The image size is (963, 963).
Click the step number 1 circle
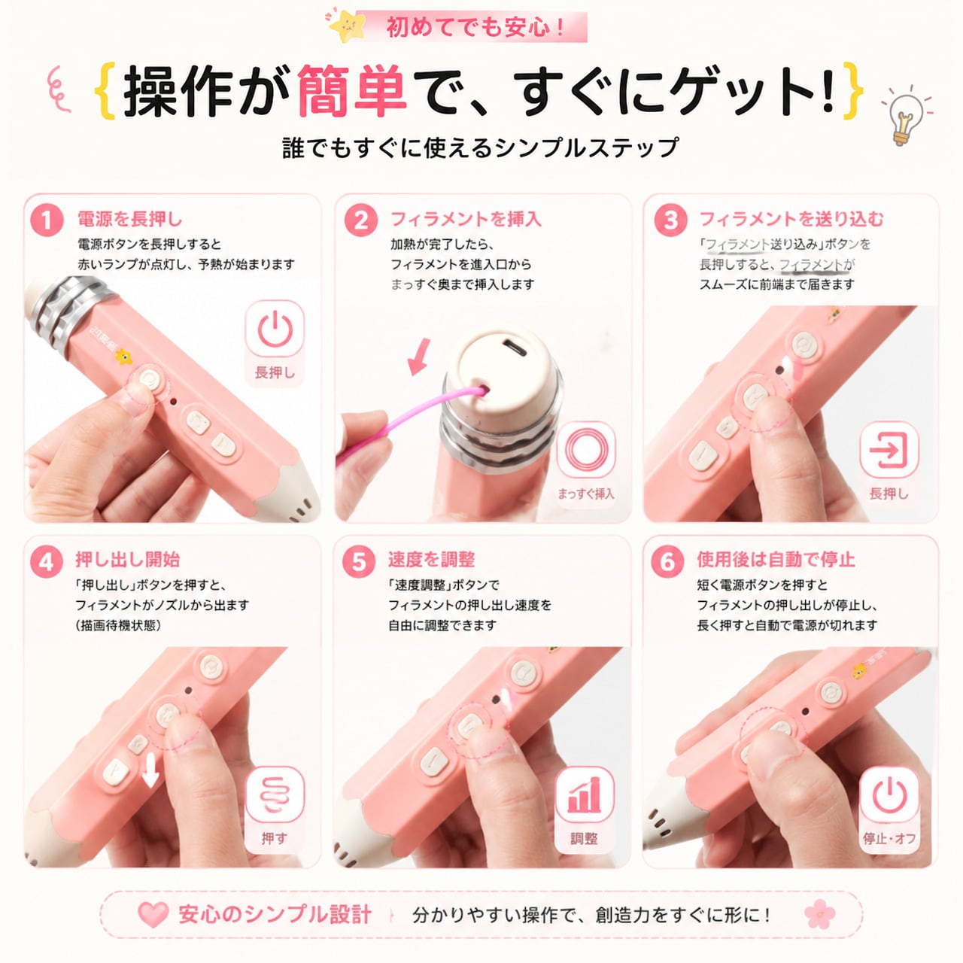pyautogui.click(x=47, y=220)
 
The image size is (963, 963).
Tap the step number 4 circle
pyautogui.click(x=47, y=562)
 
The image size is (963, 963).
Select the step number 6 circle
pyautogui.click(x=667, y=562)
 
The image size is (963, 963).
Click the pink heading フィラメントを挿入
pyautogui.click(x=466, y=219)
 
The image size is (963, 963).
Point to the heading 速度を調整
pyautogui.click(x=431, y=560)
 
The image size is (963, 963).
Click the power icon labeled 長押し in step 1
pyautogui.click(x=275, y=330)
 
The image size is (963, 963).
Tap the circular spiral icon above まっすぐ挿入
pyautogui.click(x=585, y=450)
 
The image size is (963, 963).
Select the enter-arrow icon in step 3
pyautogui.click(x=889, y=449)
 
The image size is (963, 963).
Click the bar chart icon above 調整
pyautogui.click(x=584, y=794)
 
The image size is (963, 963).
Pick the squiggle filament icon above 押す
pyautogui.click(x=275, y=795)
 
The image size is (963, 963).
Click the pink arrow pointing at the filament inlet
pyautogui.click(x=419, y=357)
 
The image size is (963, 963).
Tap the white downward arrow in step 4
pyautogui.click(x=150, y=773)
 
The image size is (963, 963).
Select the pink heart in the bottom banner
pyautogui.click(x=153, y=913)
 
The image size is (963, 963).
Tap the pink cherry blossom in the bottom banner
pyautogui.click(x=820, y=914)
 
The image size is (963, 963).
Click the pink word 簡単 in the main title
pyautogui.click(x=351, y=90)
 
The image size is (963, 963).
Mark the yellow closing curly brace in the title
pyautogui.click(x=853, y=90)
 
